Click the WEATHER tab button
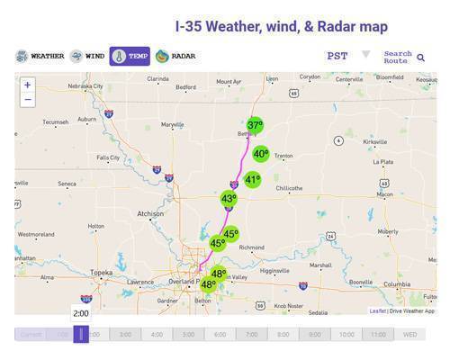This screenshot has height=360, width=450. pyautogui.click(x=40, y=56)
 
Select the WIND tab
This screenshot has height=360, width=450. pyautogui.click(x=87, y=56)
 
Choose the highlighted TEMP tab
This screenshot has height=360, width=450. pyautogui.click(x=130, y=56)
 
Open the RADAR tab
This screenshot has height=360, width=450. pyautogui.click(x=176, y=56)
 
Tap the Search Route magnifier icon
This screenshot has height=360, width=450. pyautogui.click(x=420, y=58)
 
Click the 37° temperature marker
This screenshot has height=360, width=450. pyautogui.click(x=256, y=126)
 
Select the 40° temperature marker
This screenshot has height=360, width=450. pyautogui.click(x=260, y=154)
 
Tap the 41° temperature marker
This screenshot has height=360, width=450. pyautogui.click(x=252, y=179)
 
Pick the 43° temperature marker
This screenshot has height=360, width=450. pyautogui.click(x=229, y=199)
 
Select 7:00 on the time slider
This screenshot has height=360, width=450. pyautogui.click(x=252, y=335)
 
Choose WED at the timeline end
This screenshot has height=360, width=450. pyautogui.click(x=409, y=335)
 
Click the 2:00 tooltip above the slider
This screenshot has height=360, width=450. pyautogui.click(x=81, y=313)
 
